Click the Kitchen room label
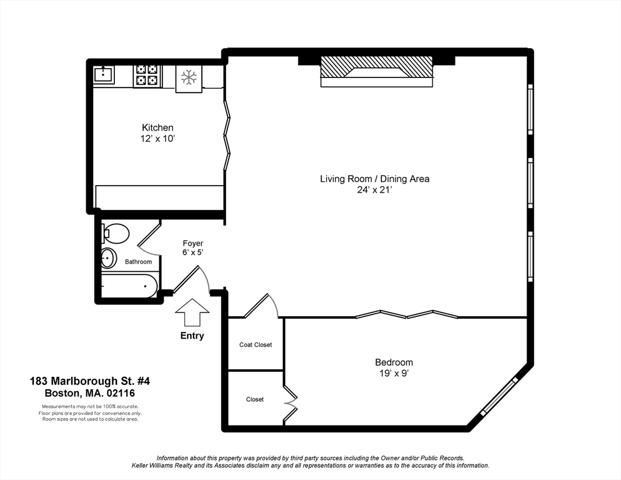(157, 127)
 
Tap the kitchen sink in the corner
(104, 74)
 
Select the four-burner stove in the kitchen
(147, 75)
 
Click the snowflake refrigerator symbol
(189, 77)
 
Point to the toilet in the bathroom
(116, 234)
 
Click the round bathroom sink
(107, 258)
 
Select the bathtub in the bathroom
(129, 286)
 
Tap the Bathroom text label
(138, 262)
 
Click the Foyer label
(193, 243)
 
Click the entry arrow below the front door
(192, 312)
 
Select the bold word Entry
(192, 336)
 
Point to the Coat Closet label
(256, 345)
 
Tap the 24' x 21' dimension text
(375, 190)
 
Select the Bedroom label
(394, 362)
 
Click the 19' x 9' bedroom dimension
(394, 373)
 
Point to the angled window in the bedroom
(499, 396)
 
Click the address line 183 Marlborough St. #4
(90, 381)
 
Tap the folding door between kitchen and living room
(227, 135)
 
